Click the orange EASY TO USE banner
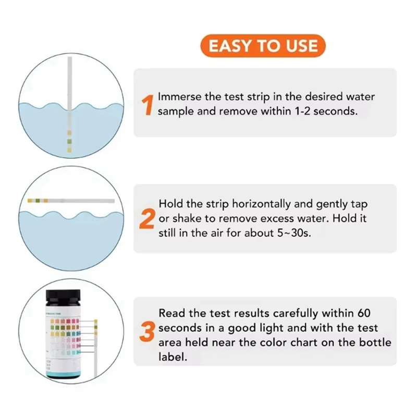pyautogui.click(x=263, y=46)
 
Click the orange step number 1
pyautogui.click(x=148, y=104)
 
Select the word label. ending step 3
pyautogui.click(x=172, y=358)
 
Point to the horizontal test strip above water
pyautogui.click(x=70, y=200)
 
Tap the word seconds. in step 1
pyautogui.click(x=334, y=112)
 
